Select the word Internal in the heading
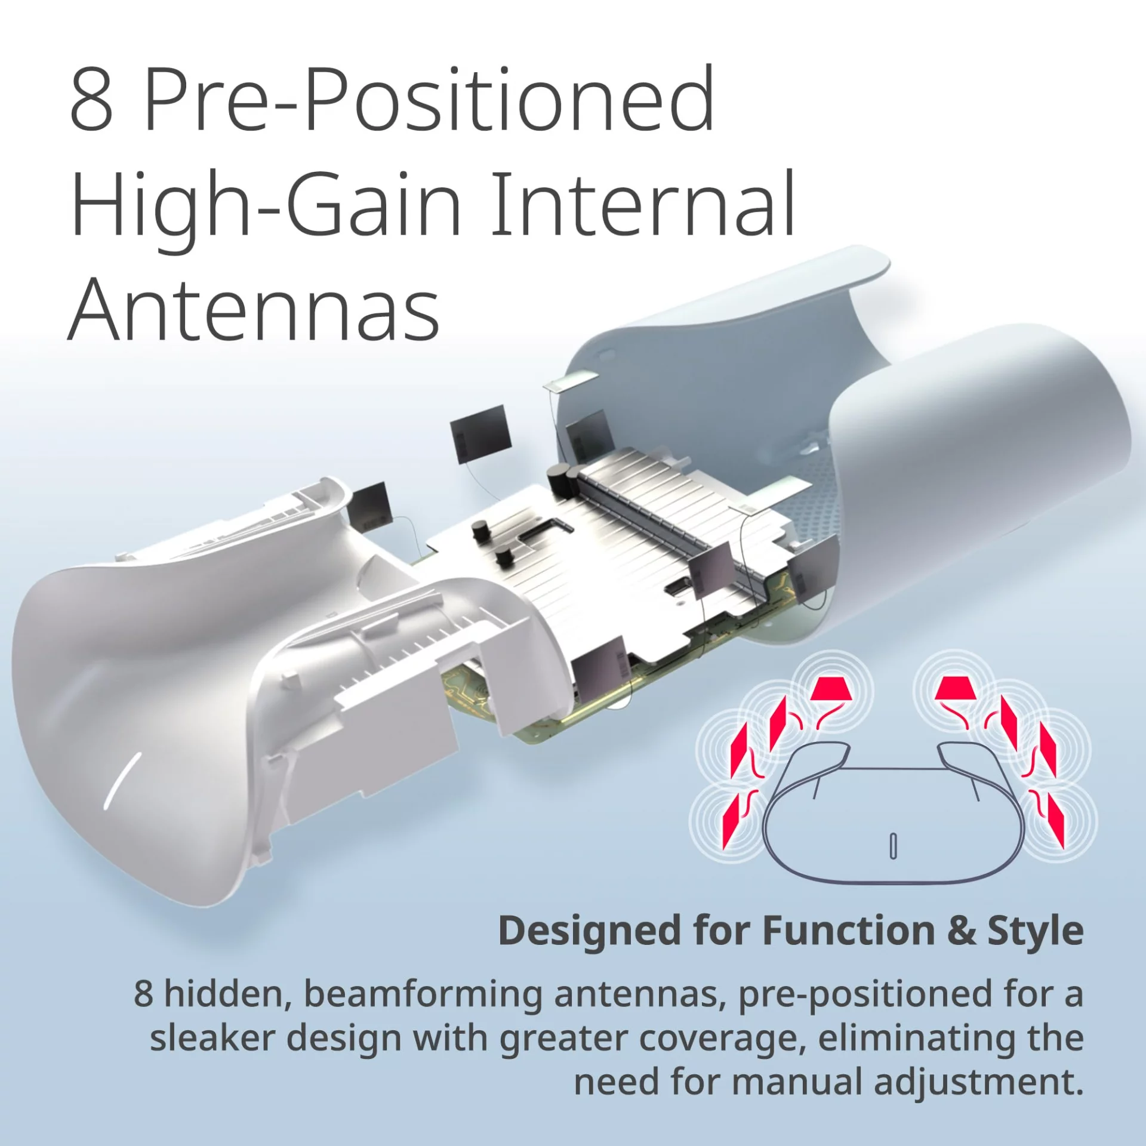643,203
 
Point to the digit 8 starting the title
91,100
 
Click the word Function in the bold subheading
849,931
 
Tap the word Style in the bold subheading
1036,931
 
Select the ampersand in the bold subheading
961,931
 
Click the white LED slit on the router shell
123,780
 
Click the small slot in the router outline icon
893,846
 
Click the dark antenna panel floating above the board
480,434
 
